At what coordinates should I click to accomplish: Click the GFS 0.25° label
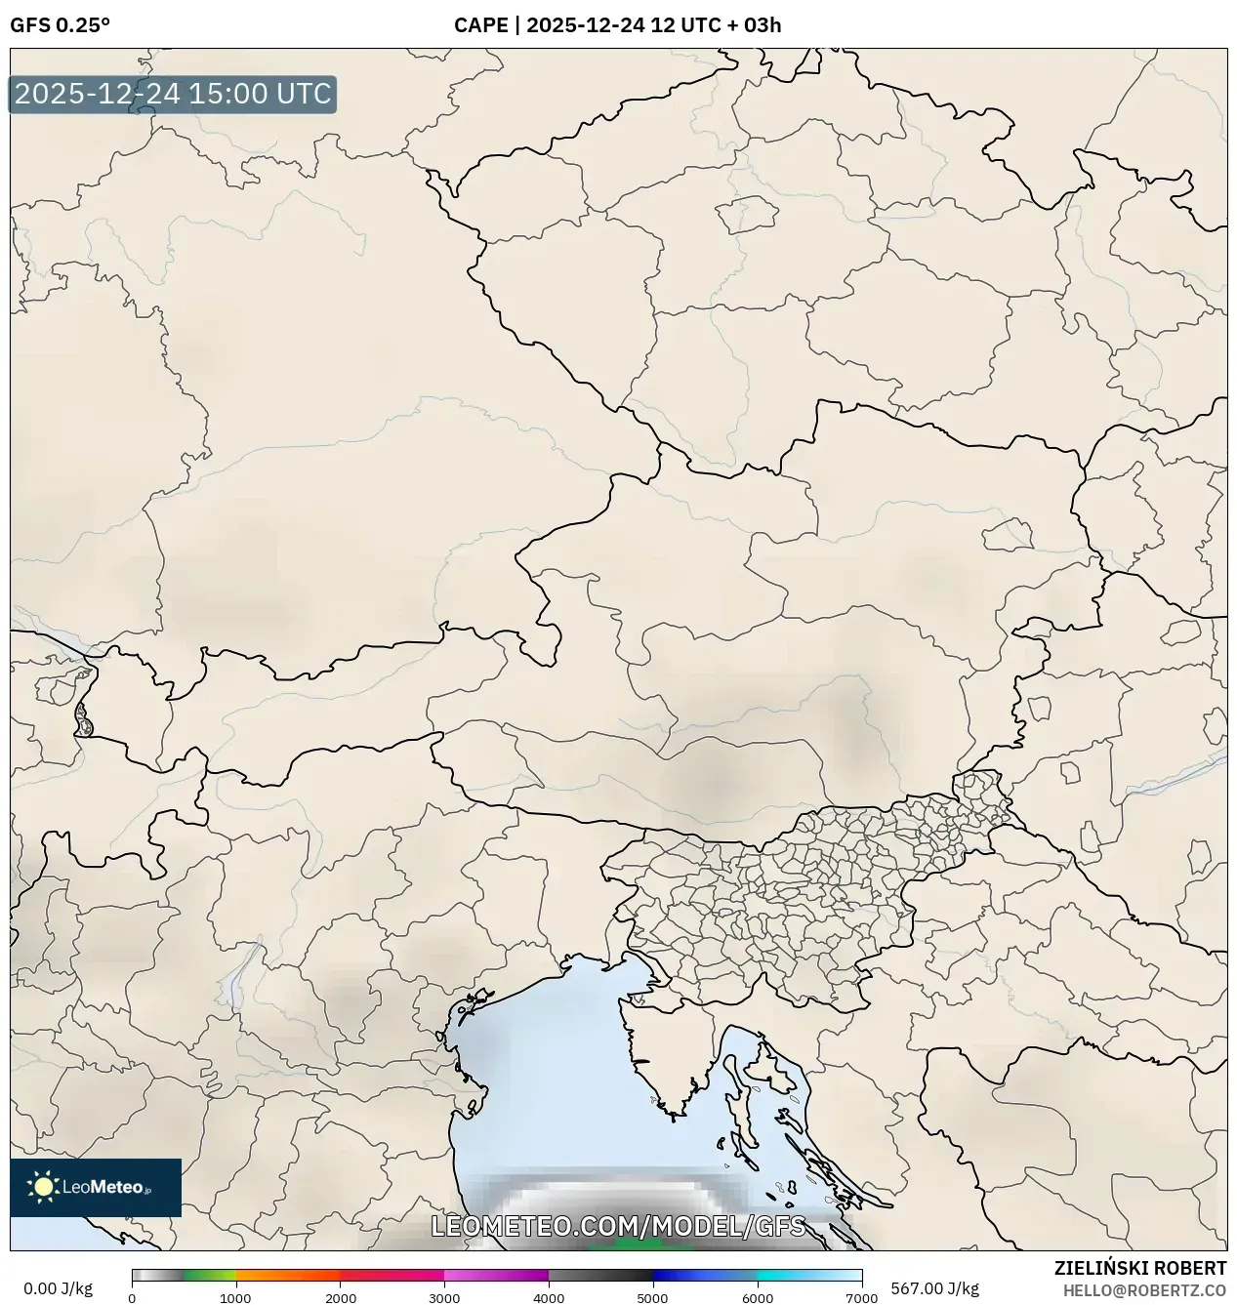click(60, 25)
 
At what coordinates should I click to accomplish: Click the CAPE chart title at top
click(617, 25)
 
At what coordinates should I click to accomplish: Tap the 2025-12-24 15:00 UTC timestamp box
click(173, 95)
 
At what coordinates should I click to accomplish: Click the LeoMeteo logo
click(96, 1187)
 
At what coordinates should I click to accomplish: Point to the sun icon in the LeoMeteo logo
click(43, 1187)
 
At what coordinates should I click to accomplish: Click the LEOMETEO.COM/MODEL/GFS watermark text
click(618, 1226)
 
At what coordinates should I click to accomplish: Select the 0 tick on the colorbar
click(132, 1297)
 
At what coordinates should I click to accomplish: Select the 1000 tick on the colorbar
click(235, 1297)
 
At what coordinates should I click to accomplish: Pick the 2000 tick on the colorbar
click(340, 1297)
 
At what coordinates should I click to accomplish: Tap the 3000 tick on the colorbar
click(444, 1297)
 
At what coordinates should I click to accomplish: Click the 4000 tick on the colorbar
click(549, 1297)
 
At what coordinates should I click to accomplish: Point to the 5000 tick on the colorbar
click(653, 1297)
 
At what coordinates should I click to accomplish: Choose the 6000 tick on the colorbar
click(758, 1297)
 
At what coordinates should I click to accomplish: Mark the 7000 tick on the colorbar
click(861, 1297)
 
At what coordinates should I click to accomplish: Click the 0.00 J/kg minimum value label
click(58, 1288)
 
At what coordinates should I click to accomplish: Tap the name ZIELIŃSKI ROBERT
click(1140, 1268)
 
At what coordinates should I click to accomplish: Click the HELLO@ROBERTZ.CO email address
click(1144, 1290)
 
